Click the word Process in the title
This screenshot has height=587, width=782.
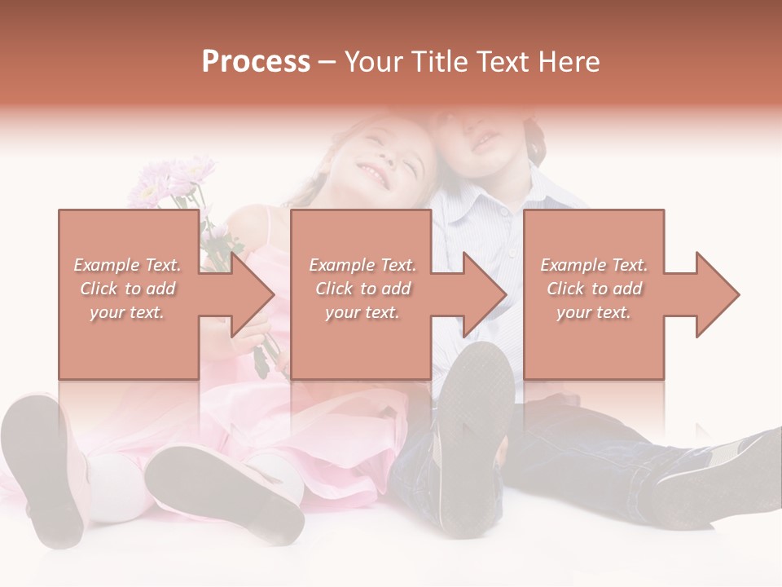click(256, 62)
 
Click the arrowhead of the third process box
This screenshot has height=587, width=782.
click(716, 294)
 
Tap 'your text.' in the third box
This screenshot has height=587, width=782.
click(593, 312)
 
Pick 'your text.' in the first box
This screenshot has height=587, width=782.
click(127, 312)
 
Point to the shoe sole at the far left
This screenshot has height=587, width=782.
click(45, 465)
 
